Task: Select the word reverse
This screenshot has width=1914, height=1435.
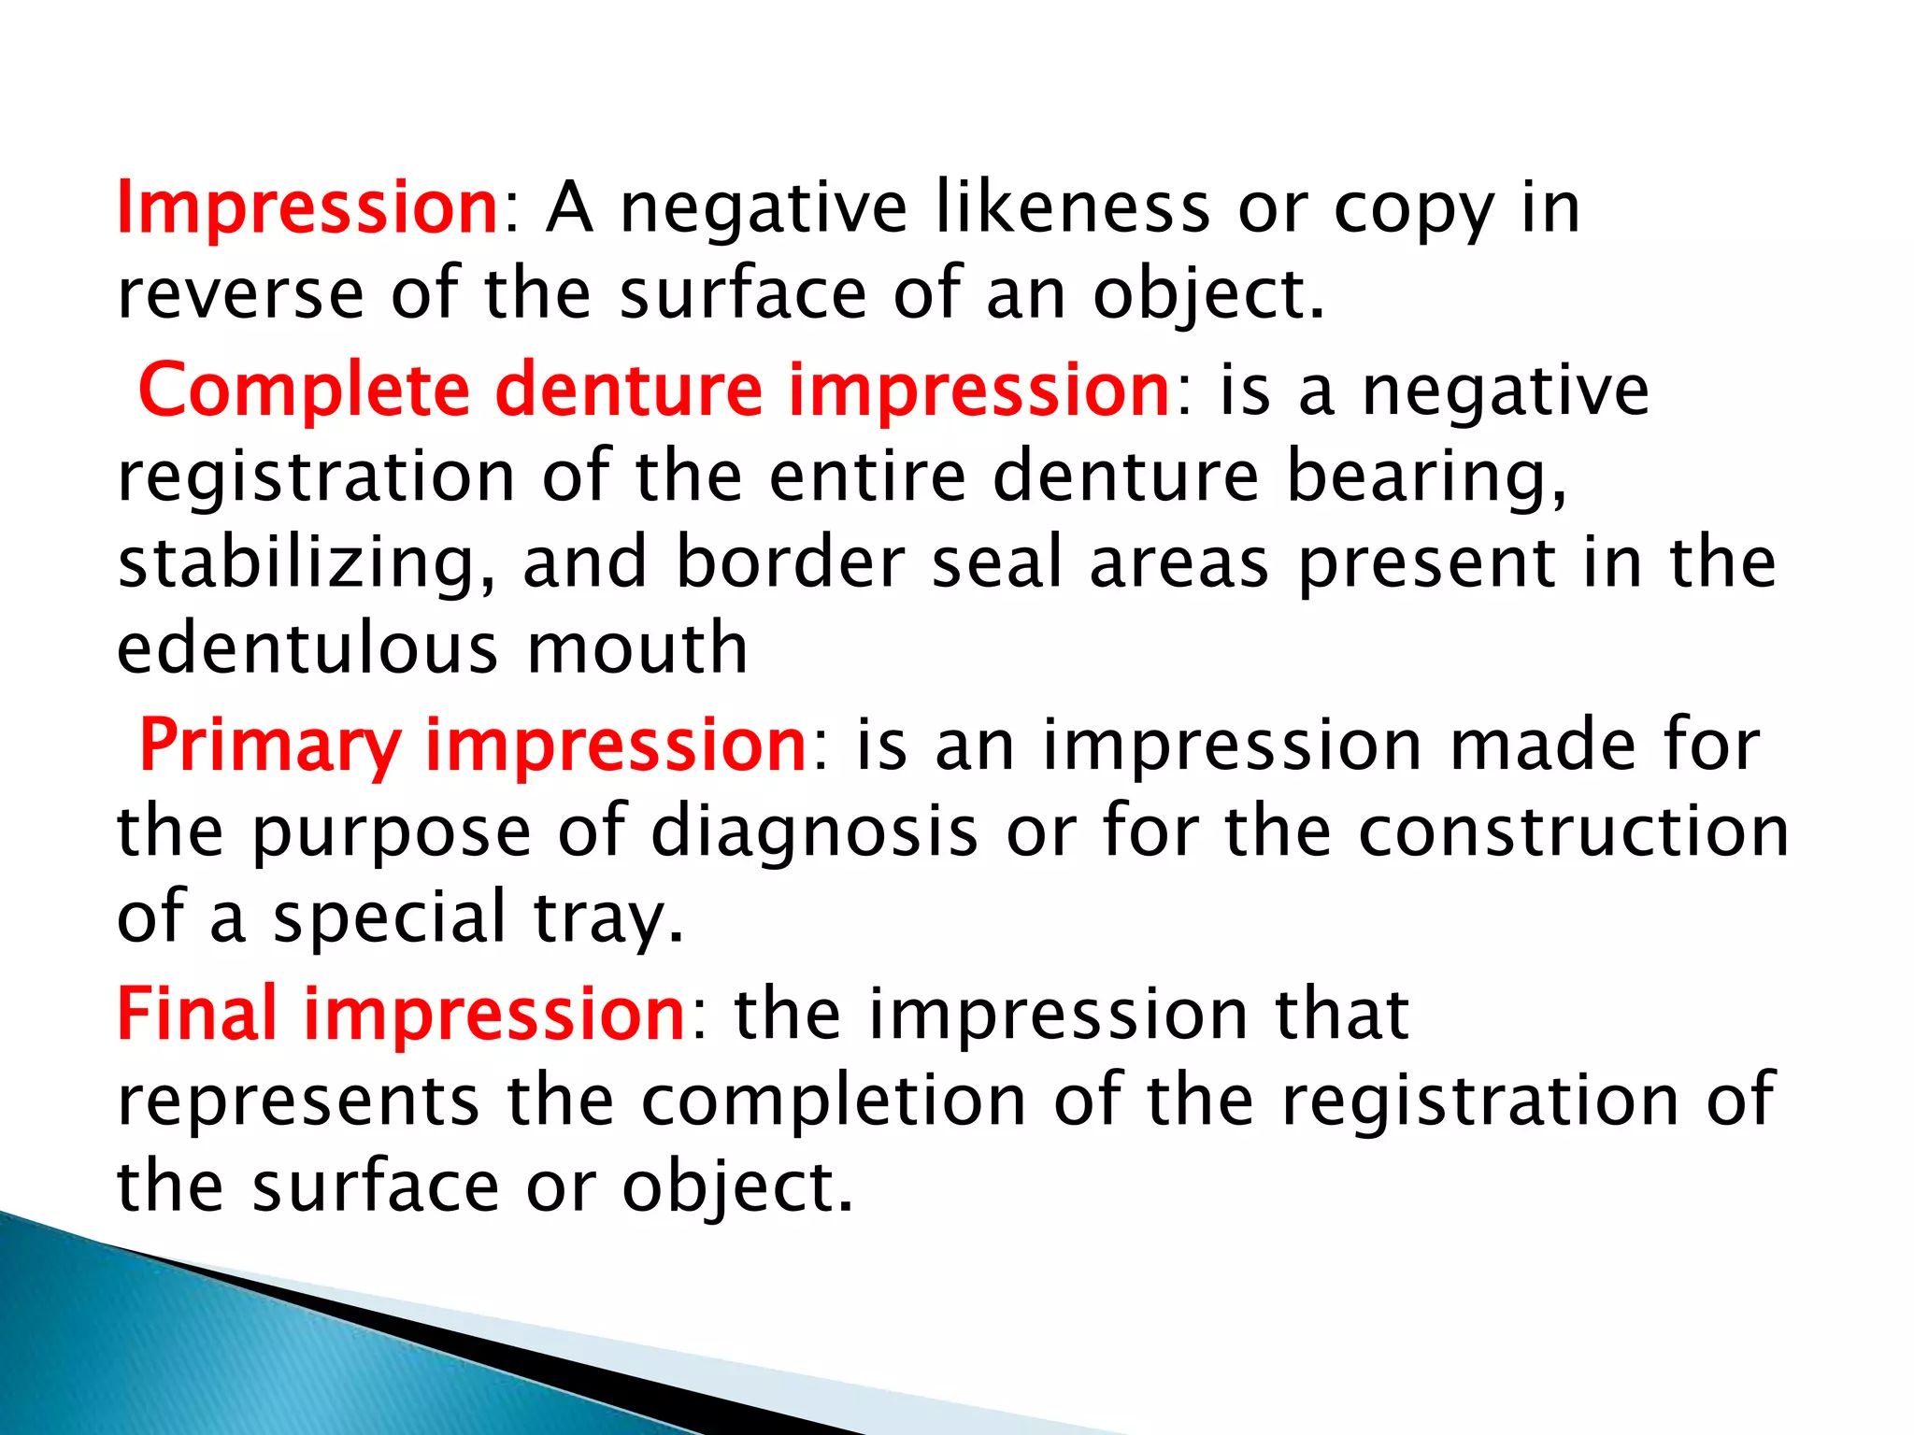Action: [240, 295]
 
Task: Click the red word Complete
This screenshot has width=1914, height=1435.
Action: [303, 391]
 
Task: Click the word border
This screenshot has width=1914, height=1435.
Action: [790, 562]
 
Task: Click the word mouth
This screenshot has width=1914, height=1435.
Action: [637, 648]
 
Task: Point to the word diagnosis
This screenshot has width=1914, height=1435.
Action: [814, 831]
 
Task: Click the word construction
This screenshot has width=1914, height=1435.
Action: [1573, 831]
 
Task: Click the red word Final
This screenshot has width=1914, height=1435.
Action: [197, 1015]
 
